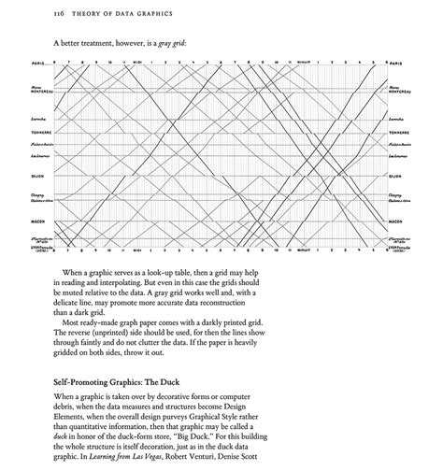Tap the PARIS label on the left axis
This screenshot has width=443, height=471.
(x=38, y=64)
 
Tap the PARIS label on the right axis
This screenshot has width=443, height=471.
(x=396, y=64)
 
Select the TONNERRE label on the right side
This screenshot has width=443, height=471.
(x=399, y=134)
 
